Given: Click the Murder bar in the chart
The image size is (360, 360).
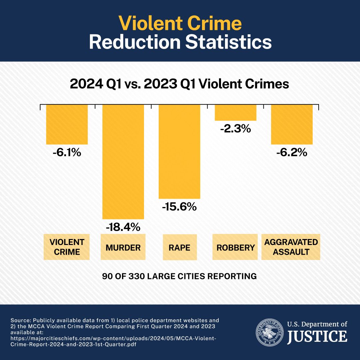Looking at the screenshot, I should click(x=123, y=162).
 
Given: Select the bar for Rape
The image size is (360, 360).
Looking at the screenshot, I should click(x=179, y=152).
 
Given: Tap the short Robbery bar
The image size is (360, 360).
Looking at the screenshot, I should click(x=235, y=113).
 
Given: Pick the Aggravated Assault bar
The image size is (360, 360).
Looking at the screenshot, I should click(x=292, y=124).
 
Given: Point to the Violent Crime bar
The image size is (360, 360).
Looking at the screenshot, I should click(x=67, y=124).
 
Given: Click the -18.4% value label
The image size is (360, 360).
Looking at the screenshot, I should click(x=123, y=228).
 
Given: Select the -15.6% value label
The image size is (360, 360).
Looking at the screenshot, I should click(x=179, y=207).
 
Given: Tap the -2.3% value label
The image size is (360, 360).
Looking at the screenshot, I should click(x=235, y=129).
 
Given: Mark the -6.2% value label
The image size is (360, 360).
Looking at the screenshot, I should click(x=292, y=152).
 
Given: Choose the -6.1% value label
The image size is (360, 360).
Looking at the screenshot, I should click(x=67, y=152).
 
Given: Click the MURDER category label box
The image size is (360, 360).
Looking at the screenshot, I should click(x=123, y=248).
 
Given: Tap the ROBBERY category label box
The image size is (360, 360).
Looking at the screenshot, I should click(x=235, y=248).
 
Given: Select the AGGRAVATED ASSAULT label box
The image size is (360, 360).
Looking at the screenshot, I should click(x=291, y=247).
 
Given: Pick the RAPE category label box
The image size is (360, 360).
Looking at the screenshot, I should click(x=180, y=248).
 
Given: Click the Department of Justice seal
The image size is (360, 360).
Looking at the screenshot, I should click(x=269, y=332).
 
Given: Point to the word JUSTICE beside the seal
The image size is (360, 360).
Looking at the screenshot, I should click(x=317, y=336).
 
